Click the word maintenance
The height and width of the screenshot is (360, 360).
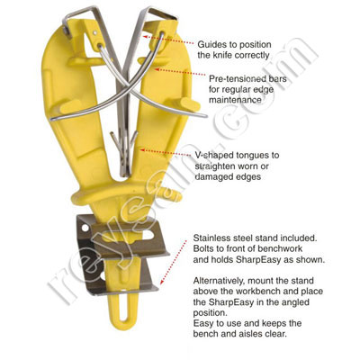(x=235, y=100)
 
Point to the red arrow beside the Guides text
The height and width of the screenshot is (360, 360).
(x=168, y=40)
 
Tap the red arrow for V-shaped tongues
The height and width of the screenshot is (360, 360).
(x=166, y=153)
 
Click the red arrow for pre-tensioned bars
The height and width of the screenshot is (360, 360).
(x=180, y=72)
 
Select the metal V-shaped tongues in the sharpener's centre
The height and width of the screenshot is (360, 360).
(x=124, y=150)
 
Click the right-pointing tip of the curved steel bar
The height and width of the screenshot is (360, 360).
(x=205, y=115)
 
